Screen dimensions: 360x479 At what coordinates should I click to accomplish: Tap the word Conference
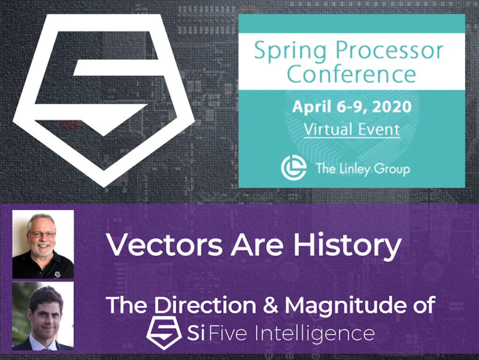(351, 73)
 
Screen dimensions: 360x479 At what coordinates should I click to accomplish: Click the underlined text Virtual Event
(352, 129)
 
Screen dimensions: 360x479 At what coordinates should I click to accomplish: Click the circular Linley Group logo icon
(293, 168)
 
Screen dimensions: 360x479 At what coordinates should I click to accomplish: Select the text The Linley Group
(363, 169)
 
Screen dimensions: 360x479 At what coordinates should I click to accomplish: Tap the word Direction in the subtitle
(205, 305)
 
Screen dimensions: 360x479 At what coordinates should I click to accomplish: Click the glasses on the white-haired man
(42, 234)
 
